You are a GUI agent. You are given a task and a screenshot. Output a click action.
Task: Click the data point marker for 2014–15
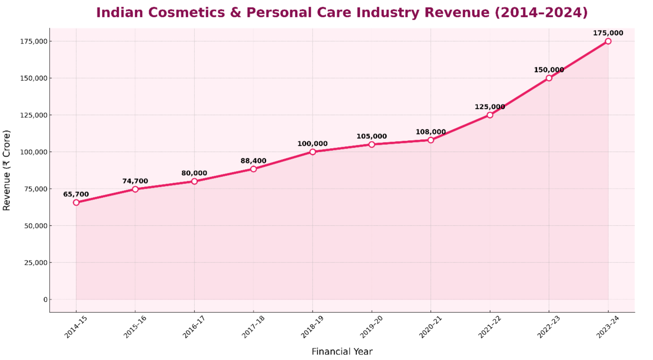pos(76,202)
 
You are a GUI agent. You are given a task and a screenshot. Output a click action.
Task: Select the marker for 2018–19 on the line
pos(312,152)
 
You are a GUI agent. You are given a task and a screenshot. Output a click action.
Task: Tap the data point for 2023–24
pos(608,41)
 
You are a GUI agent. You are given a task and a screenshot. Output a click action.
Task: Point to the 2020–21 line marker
pos(430,140)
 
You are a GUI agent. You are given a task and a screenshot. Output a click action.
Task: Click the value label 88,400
pos(253,161)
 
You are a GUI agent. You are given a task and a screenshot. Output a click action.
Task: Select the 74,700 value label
pos(135,181)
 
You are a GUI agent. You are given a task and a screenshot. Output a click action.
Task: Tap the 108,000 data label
pos(430,132)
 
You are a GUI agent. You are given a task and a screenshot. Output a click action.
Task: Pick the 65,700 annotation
pos(76,194)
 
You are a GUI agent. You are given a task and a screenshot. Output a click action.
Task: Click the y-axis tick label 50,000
pos(36,226)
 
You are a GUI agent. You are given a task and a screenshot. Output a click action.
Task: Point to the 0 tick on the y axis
pos(45,299)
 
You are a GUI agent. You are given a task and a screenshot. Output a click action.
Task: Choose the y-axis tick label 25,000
pos(36,262)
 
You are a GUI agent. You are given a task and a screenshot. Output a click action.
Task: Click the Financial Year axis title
pos(342,351)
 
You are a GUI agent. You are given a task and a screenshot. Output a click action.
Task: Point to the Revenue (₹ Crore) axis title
pos(6,170)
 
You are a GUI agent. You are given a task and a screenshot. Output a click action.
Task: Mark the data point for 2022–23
pos(549,78)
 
